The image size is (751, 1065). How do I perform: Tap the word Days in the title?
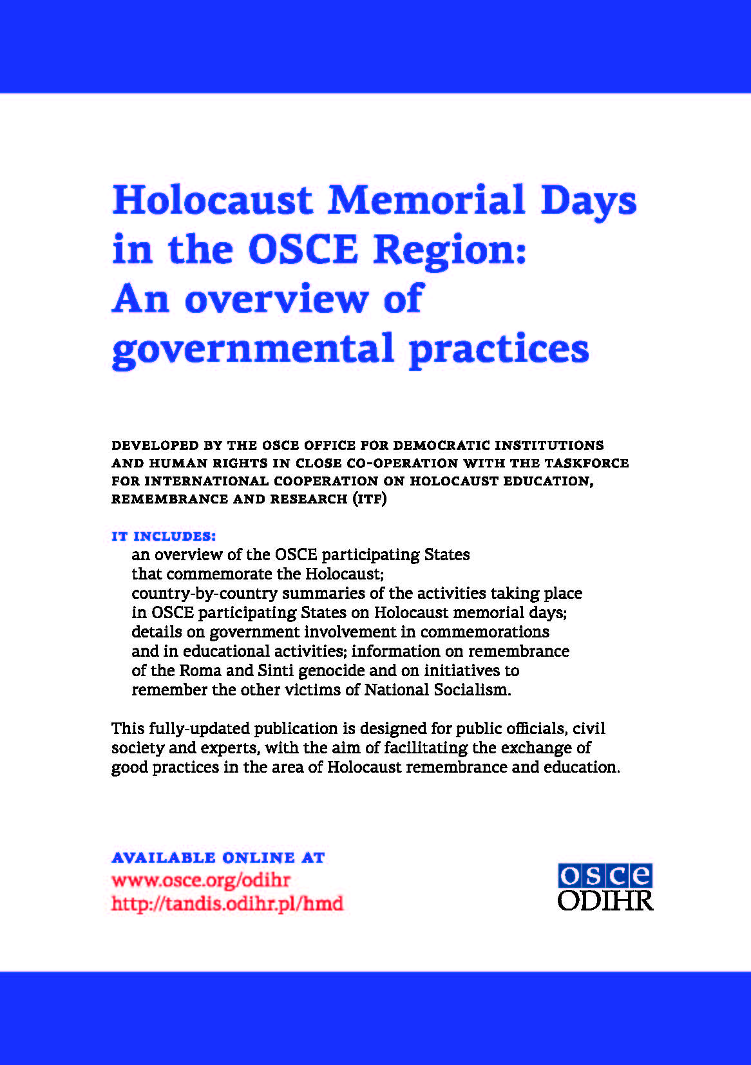point(588,202)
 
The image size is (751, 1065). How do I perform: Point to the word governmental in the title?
point(252,349)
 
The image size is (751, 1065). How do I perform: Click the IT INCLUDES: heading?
point(164,536)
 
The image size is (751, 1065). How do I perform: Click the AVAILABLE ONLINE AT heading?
point(218,858)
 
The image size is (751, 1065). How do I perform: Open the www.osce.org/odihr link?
point(201,880)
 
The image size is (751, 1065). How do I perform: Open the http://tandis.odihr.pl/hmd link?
point(227,903)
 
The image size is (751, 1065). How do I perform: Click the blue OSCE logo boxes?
point(605,876)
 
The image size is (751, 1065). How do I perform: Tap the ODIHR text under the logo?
point(605,900)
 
